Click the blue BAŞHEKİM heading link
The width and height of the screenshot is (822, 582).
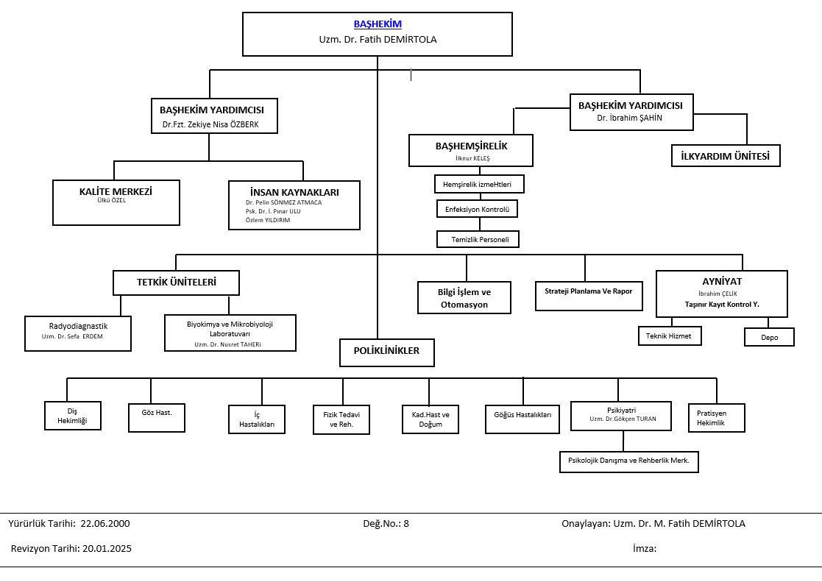378,24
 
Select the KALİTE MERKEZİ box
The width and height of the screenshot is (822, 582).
116,202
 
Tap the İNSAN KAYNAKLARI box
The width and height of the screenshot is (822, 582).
294,205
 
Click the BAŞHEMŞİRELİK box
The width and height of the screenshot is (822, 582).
471,151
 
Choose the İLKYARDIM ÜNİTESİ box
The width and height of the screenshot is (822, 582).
726,156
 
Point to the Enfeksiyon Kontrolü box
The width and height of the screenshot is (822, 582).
477,209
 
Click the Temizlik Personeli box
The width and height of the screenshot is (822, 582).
478,239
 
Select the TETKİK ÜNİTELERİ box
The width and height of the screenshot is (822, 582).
176,283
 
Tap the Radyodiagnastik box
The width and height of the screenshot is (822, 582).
77,333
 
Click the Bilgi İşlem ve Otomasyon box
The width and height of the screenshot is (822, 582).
464,298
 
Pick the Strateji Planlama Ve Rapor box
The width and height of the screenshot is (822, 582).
589,296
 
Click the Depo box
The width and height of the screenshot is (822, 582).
769,337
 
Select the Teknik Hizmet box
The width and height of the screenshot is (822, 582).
670,336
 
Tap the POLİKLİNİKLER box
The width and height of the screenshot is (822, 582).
387,352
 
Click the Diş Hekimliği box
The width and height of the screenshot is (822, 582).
72,416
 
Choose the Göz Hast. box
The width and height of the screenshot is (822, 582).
157,417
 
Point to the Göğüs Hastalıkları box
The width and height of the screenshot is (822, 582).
522,419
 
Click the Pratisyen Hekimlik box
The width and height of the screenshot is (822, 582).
717,418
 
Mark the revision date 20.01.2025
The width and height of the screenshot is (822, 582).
107,548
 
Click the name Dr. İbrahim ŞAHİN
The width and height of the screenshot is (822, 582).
629,118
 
